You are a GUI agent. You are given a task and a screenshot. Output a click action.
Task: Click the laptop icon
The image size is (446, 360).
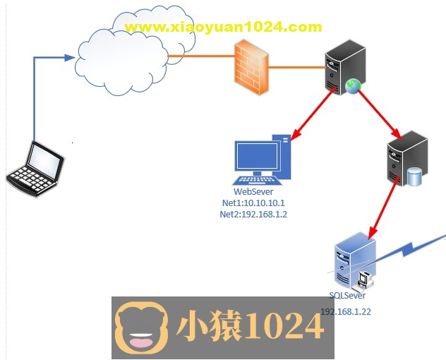(35, 167)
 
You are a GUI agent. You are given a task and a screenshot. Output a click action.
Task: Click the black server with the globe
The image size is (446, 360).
(345, 66)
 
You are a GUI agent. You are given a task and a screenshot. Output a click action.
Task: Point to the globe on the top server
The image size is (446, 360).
(353, 86)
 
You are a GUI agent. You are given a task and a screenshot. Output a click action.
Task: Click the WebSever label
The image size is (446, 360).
(253, 192)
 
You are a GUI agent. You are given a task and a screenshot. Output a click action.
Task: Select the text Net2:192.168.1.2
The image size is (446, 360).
(253, 215)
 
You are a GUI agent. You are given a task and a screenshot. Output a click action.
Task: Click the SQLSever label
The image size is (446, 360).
(348, 296)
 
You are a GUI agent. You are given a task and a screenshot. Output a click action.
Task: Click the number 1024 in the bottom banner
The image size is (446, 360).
(283, 326)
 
